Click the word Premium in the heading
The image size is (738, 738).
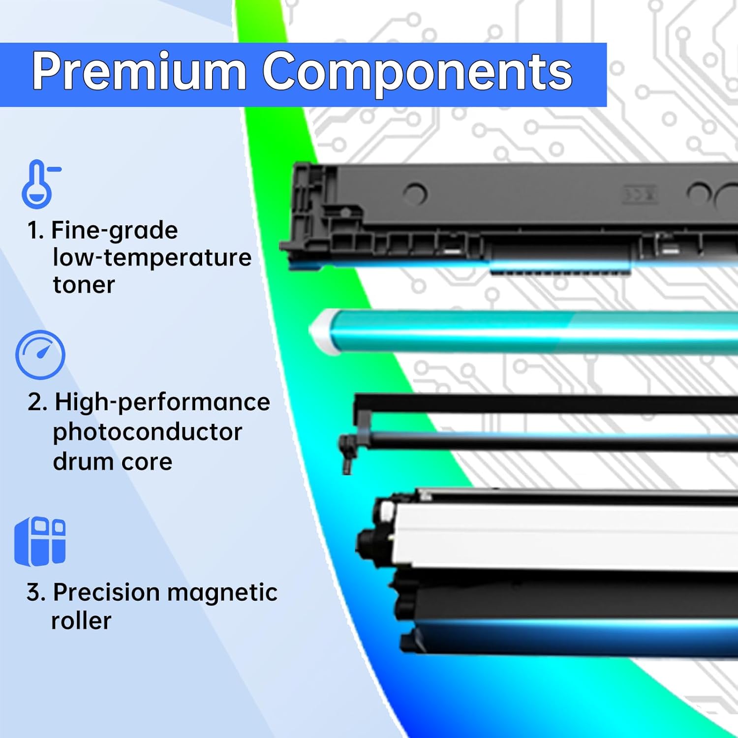[x=139, y=72]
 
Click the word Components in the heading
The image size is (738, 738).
[x=417, y=72]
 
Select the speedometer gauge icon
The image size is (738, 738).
[x=40, y=355]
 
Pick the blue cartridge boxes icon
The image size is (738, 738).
[x=40, y=541]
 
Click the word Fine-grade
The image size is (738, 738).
[x=114, y=230]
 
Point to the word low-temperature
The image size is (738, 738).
[x=152, y=257]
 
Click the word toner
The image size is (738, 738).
[x=84, y=285]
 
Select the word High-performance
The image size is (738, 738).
[x=162, y=402]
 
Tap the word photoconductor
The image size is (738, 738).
[x=147, y=432]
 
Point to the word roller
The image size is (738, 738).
[x=81, y=621]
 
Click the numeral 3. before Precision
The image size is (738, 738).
[x=36, y=592]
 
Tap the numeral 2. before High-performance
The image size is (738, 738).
[x=37, y=402]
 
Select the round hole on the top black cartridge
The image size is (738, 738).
[x=416, y=193]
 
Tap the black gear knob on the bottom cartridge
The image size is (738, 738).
[x=370, y=539]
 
